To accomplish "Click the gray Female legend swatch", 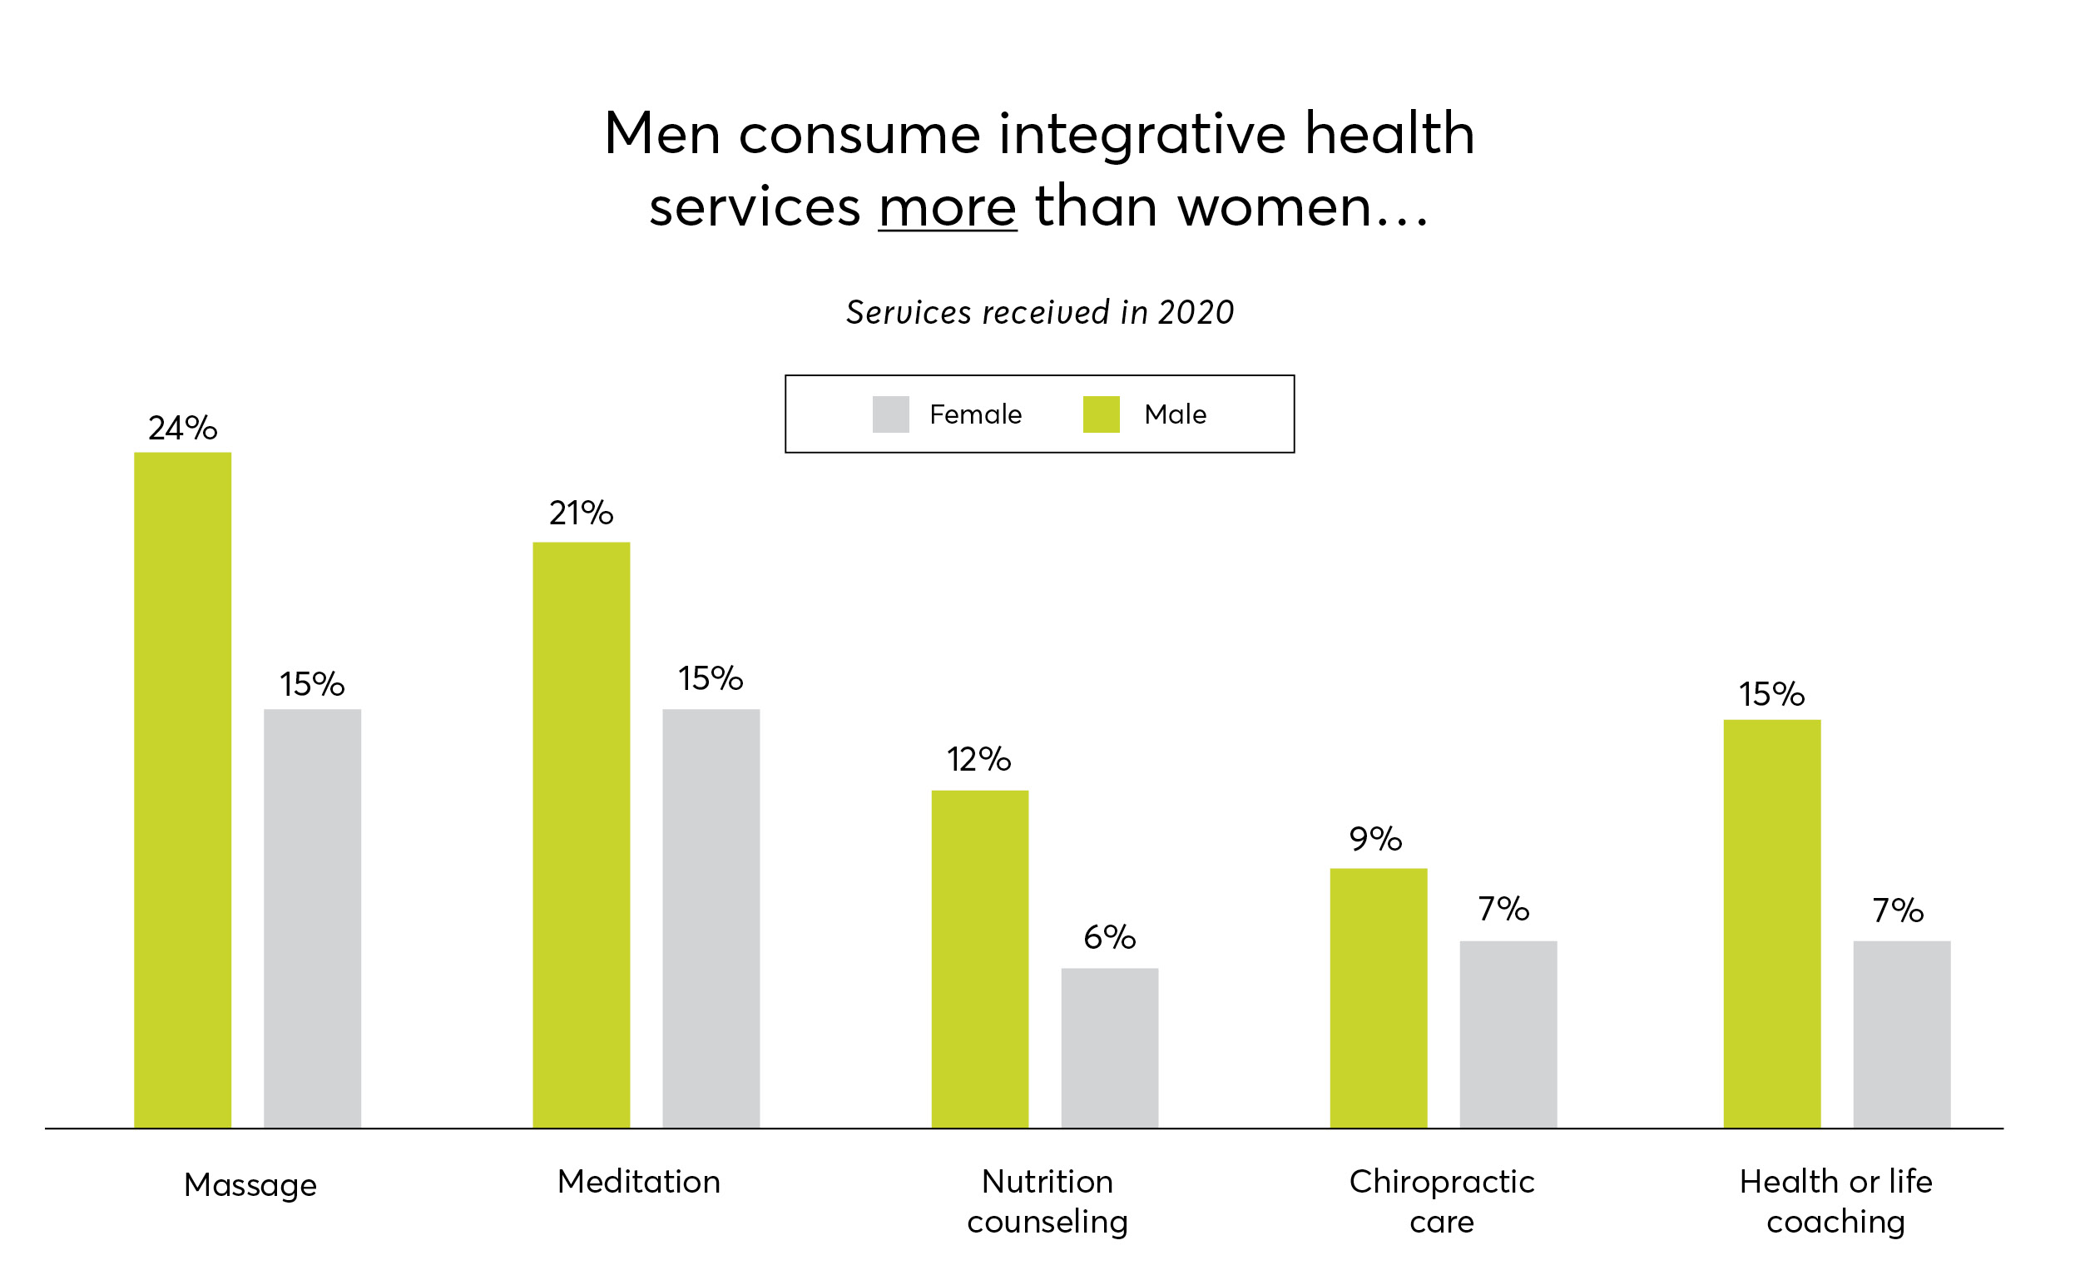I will point(890,414).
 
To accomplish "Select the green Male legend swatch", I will point(1101,414).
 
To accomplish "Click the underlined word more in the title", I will point(947,206).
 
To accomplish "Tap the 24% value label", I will point(182,428).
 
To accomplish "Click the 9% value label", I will point(1375,839).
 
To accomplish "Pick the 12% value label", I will point(978,759).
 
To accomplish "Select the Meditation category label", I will point(638,1181).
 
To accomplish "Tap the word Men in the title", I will point(661,134).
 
